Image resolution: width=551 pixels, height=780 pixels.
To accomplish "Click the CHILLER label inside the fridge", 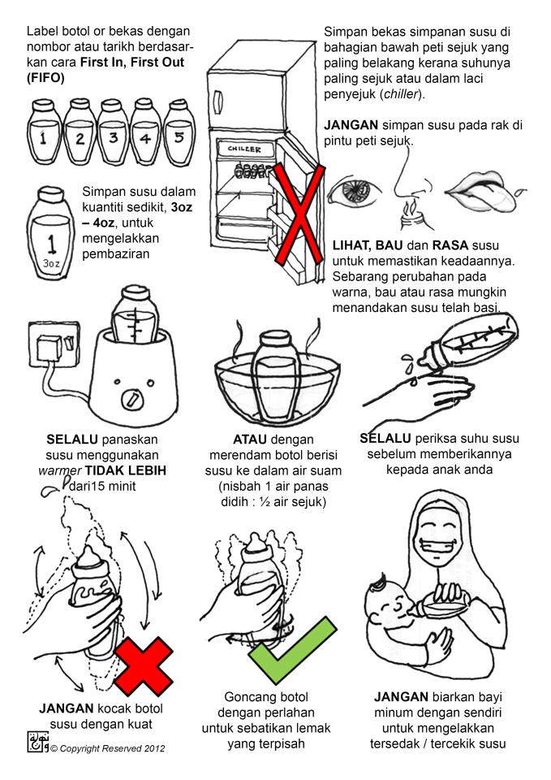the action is pos(244,149).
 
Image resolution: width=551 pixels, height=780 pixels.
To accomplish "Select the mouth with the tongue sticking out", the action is pos(484,192).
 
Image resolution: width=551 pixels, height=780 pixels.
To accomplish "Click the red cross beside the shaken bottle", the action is pos(144,666).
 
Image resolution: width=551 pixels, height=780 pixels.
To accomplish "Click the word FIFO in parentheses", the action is pos(45,78).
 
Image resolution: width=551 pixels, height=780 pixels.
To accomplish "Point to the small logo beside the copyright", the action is pos(38,742).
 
